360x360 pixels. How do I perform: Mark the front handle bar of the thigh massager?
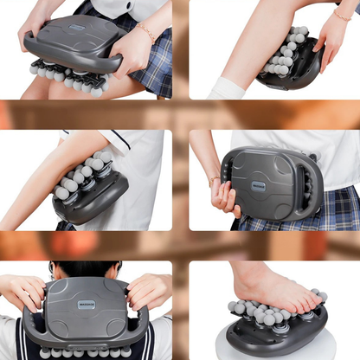[69, 62]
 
